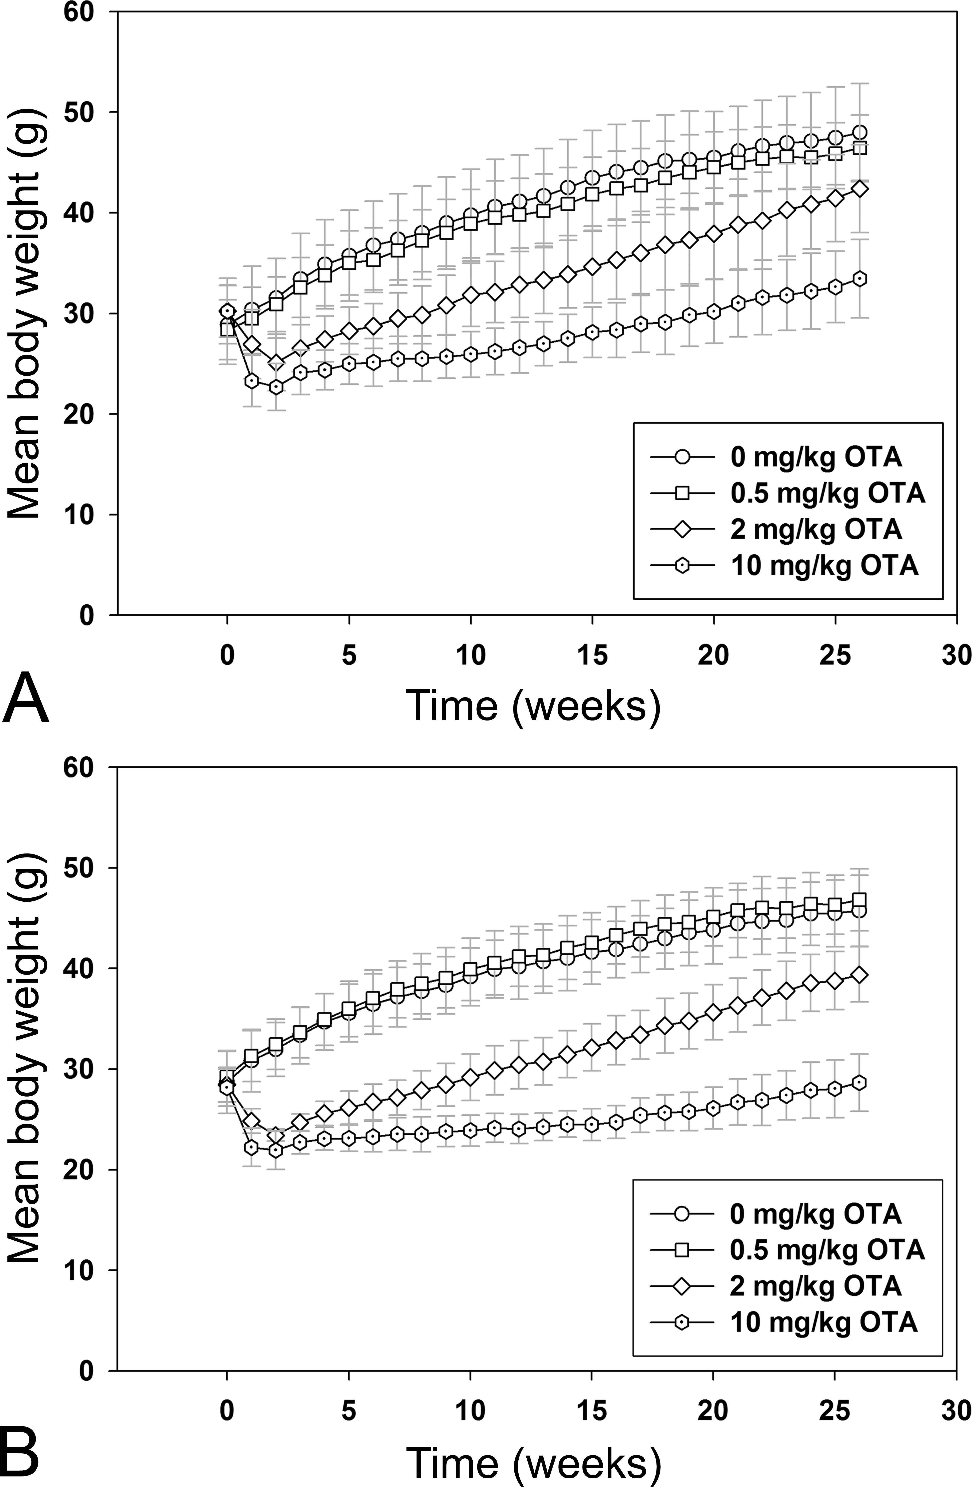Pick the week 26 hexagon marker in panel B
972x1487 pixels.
(x=860, y=1083)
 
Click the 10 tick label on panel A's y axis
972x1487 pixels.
(x=89, y=515)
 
